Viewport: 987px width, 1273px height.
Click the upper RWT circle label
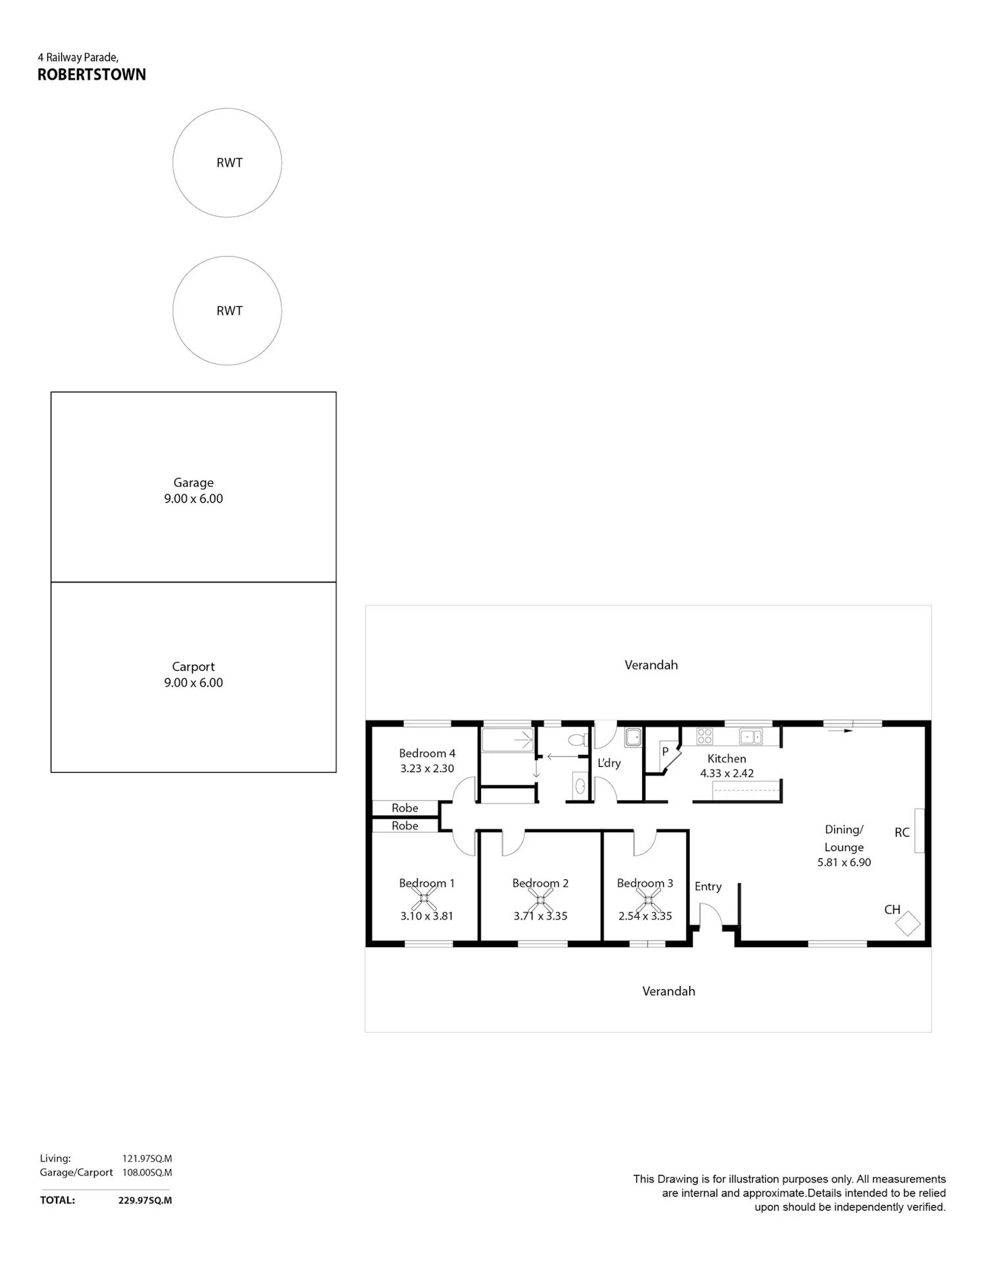coord(230,163)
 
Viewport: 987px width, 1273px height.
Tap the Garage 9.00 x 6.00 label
coord(193,490)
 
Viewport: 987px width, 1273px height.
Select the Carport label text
coord(193,667)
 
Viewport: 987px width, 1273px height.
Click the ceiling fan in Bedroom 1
coord(424,897)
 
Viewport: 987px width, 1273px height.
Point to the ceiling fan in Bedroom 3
coord(647,897)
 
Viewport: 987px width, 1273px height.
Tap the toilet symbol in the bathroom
coord(577,740)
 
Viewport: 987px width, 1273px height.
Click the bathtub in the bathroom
coord(507,740)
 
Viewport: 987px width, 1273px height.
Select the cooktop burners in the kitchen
coord(704,736)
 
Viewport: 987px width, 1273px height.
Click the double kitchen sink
coord(751,736)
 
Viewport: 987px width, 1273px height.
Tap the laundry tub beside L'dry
coord(633,737)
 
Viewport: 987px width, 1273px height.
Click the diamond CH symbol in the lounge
coord(908,923)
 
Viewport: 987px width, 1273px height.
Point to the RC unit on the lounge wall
coord(920,831)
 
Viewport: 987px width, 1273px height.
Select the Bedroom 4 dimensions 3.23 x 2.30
coord(427,768)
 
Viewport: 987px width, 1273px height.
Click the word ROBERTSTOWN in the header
coord(91,74)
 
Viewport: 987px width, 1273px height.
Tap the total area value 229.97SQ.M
coord(145,1200)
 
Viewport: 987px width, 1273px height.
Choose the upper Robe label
coord(405,808)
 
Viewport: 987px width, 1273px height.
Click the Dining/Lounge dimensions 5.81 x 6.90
coord(844,862)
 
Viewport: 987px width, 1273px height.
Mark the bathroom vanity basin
coord(580,785)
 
